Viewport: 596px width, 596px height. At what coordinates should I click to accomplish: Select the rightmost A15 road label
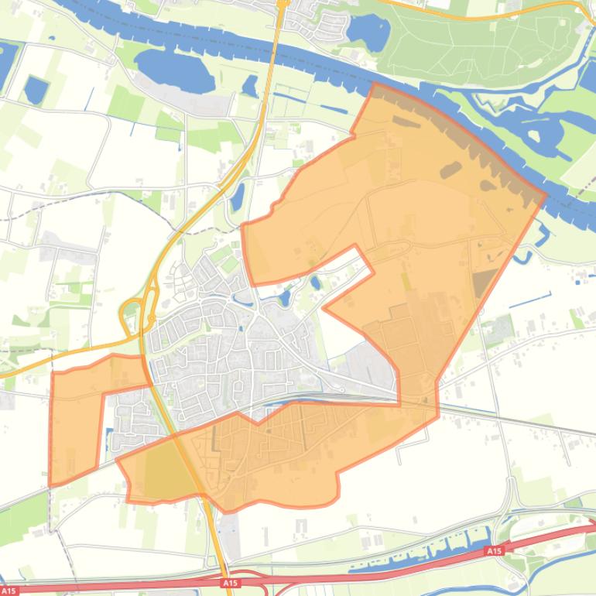[x=493, y=551]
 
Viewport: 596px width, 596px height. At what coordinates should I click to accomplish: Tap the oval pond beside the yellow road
[x=238, y=196]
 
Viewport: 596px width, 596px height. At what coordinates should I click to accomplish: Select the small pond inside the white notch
[x=315, y=283]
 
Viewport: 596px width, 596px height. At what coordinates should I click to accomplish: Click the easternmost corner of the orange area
[x=546, y=194]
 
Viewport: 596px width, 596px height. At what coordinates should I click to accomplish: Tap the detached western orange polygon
[x=77, y=422]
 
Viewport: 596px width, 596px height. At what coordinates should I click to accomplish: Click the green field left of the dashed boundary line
[x=27, y=507]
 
